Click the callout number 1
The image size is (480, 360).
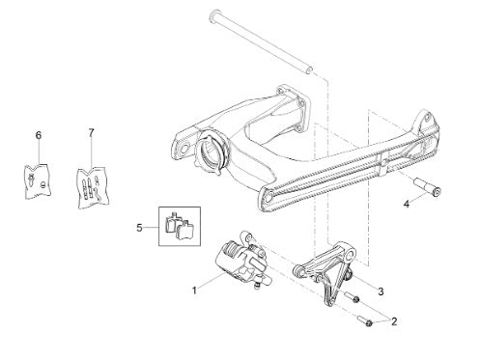coord(194,291)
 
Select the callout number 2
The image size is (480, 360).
coord(394,321)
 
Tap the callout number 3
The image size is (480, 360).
coord(381,291)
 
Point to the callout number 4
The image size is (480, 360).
coord(407,204)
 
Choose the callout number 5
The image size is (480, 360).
coord(139,228)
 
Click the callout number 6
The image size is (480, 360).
coord(39,135)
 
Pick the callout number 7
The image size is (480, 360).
coord(92,132)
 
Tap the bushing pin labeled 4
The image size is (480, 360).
coord(427,186)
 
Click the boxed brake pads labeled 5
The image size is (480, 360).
coord(180,226)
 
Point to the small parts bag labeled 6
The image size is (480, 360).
coord(38,181)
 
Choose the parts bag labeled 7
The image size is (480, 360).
coord(93,187)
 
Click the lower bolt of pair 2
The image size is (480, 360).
coord(365,320)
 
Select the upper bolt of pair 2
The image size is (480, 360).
coord(353,296)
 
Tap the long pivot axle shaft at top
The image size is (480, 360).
coord(262,42)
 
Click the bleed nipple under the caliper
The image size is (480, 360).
coord(257,285)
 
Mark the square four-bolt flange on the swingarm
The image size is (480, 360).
coord(294,109)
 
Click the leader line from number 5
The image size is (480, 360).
coord(151,228)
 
